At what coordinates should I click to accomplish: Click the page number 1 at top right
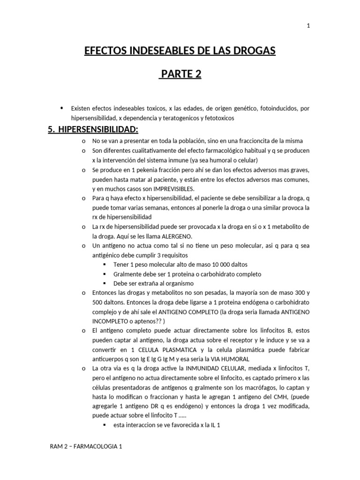click(308, 26)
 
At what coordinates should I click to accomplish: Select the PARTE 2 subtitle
click(180, 75)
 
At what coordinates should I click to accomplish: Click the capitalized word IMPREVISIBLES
click(168, 188)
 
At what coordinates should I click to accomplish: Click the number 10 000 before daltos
click(199, 264)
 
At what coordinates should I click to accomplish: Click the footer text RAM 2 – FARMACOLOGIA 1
click(86, 447)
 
